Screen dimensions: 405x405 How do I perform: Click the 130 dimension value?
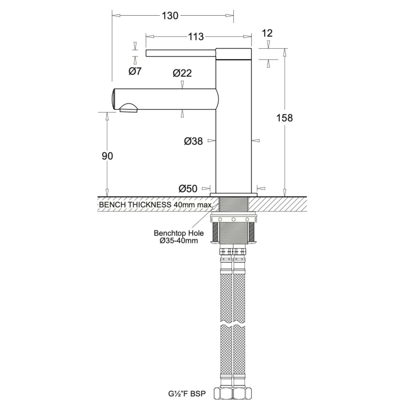coord(170,16)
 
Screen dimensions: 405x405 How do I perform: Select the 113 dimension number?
coord(196,37)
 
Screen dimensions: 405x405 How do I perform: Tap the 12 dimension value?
coord(267,33)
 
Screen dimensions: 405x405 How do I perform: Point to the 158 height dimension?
coord(285,118)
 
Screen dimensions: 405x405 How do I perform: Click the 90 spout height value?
coord(107,156)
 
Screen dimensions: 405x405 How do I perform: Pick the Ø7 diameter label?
coord(135,71)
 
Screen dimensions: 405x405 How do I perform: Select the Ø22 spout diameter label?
coord(182,73)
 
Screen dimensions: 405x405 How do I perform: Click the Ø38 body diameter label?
coord(193,141)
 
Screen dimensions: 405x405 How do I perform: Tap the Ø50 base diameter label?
coord(188,189)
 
